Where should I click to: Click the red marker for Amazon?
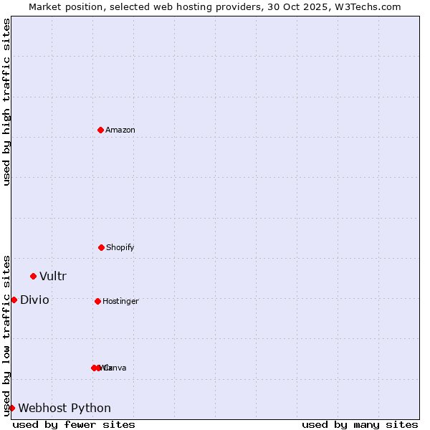coord(101,130)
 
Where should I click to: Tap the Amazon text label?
coord(120,130)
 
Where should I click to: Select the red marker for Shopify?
coord(102,247)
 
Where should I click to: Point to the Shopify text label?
coord(120,248)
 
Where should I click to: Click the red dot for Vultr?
coord(33,276)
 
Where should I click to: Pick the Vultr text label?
coord(53,277)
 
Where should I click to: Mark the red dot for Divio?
coord(14,300)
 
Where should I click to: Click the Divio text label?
coord(34,300)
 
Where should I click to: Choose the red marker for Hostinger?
coord(97,301)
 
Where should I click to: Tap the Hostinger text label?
coord(120,302)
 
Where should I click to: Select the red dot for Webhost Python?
coord(11,408)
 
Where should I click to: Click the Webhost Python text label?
coord(64,408)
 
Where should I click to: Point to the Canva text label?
coord(117,368)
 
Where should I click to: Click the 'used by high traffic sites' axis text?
coord(6,102)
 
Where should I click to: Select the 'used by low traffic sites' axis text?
coord(6,335)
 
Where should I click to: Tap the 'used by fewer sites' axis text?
coord(74,425)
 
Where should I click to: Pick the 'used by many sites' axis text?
coord(360,425)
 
